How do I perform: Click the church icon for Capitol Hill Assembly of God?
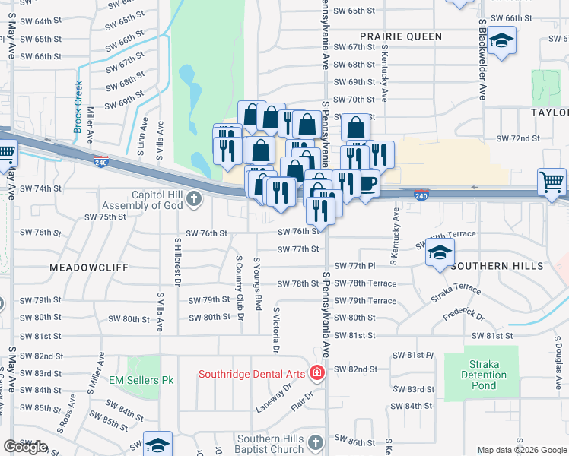point(194,200)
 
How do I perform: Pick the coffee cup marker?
point(368,184)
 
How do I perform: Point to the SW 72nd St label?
point(517,138)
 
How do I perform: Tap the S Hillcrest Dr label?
point(177,261)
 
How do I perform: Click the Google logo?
point(25,447)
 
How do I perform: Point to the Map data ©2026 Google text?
point(522,450)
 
